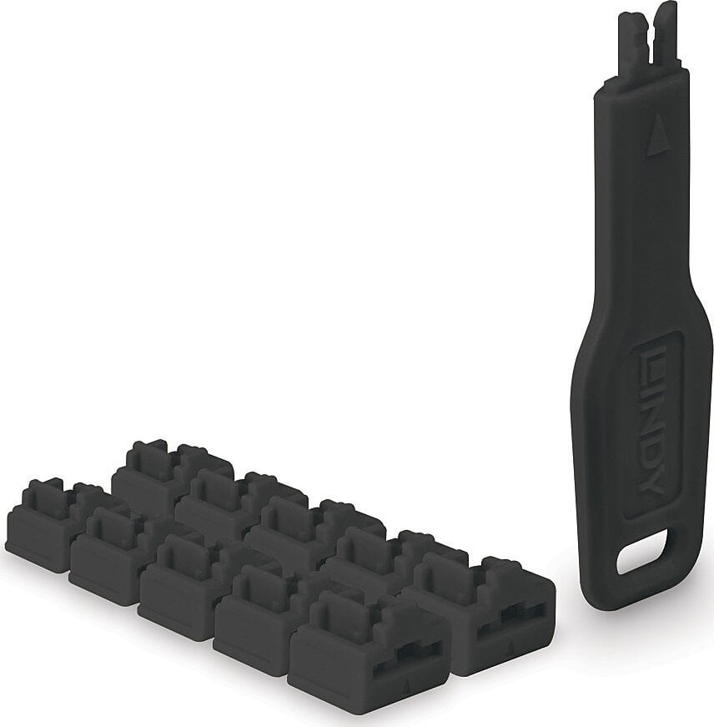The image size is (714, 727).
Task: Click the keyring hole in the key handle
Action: [x=641, y=554]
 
